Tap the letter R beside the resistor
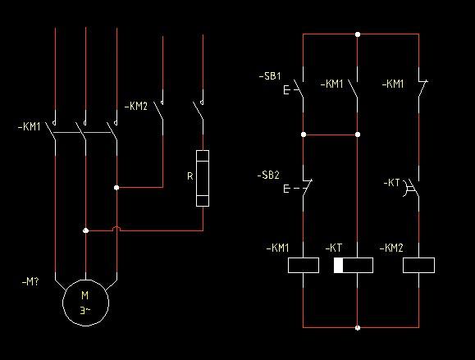[190, 176]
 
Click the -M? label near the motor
[30, 282]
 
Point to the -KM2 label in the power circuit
[136, 107]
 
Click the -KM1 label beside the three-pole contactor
[30, 126]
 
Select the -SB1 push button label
[270, 76]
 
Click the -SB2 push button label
[268, 175]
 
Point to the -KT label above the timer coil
[334, 248]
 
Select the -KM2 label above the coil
[391, 248]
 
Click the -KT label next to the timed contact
[391, 183]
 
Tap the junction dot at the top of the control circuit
[358, 34]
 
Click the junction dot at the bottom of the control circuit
[358, 327]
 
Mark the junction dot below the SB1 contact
[304, 134]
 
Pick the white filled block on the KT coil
[338, 265]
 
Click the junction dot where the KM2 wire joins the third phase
[116, 188]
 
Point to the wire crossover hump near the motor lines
[116, 227]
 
